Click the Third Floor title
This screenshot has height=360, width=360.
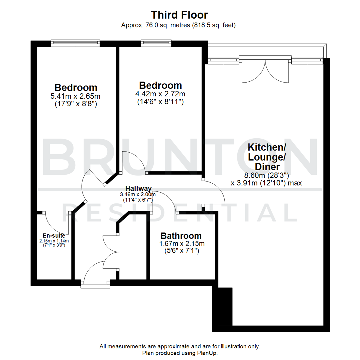[x=180, y=15]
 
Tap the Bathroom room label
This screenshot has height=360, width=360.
[x=181, y=236]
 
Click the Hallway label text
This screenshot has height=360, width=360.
[x=138, y=188]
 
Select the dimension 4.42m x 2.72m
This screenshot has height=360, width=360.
[x=161, y=94]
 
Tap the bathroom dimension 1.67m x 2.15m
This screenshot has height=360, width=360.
[x=182, y=244]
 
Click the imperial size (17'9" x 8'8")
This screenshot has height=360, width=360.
[x=76, y=104]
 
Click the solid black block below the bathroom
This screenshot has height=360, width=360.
[x=223, y=307]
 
